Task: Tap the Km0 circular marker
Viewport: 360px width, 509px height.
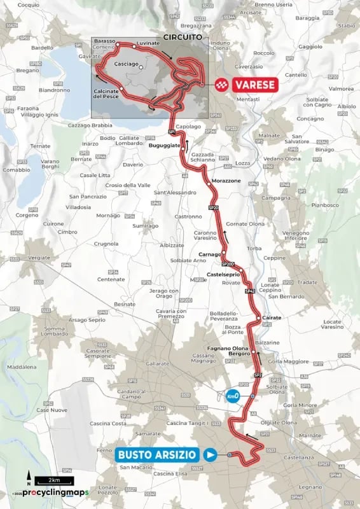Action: pyautogui.click(x=233, y=396)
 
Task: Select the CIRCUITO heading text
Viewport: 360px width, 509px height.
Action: pyautogui.click(x=181, y=38)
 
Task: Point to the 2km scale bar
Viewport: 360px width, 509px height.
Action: pyautogui.click(x=48, y=479)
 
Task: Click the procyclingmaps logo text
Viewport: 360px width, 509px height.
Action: pyautogui.click(x=51, y=492)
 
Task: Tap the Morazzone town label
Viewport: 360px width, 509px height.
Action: pyautogui.click(x=226, y=181)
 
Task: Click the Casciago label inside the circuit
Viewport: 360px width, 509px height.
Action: pyautogui.click(x=125, y=65)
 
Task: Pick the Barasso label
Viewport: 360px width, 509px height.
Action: pyautogui.click(x=104, y=41)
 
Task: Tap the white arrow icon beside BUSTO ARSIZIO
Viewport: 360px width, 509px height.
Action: pyautogui.click(x=210, y=454)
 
